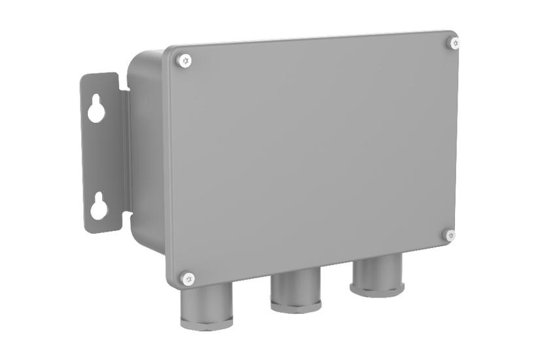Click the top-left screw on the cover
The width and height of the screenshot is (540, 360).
pos(185,60)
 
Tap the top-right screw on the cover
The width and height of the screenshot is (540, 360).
pos(454,43)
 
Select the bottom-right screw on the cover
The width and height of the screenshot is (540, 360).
pos(449,234)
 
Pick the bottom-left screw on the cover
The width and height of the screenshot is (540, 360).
pos(188,279)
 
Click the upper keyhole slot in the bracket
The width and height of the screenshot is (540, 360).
pos(96,109)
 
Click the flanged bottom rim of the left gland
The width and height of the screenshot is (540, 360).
pos(206,321)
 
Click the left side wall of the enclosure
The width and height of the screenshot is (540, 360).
pos(147,157)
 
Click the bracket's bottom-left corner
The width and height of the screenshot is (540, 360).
pos(86,229)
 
